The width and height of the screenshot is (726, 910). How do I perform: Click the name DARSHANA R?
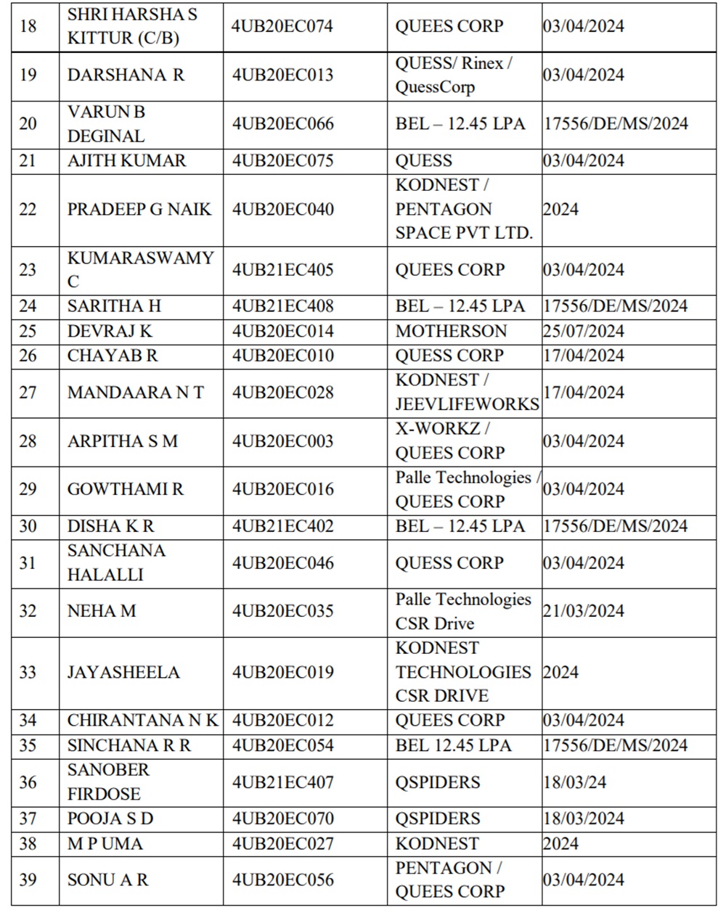(x=126, y=75)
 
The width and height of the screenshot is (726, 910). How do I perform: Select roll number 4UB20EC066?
(x=282, y=123)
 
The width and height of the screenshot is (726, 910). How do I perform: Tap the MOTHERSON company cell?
(x=451, y=331)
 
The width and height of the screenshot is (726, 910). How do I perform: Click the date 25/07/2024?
(x=583, y=331)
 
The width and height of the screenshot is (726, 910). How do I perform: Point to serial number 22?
(x=28, y=209)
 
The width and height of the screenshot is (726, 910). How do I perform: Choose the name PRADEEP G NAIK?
(x=139, y=209)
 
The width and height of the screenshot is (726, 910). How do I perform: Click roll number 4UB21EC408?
(x=282, y=306)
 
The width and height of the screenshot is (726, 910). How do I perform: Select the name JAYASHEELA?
(x=123, y=672)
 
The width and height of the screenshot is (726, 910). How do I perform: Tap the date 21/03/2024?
(x=583, y=611)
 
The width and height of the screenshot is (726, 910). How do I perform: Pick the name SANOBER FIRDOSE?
(x=108, y=782)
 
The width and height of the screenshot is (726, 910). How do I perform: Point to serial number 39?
(x=28, y=880)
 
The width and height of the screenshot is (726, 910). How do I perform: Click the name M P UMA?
(x=105, y=843)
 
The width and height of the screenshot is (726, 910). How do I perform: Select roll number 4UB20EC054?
(x=282, y=745)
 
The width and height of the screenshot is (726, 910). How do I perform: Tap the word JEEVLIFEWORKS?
(x=467, y=404)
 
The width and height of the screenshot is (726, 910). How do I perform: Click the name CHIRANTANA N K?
(x=142, y=721)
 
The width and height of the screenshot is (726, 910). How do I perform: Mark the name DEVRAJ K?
(x=110, y=331)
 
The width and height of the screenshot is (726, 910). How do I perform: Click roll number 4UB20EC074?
(x=282, y=26)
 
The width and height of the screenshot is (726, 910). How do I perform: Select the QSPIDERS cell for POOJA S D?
(x=438, y=819)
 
